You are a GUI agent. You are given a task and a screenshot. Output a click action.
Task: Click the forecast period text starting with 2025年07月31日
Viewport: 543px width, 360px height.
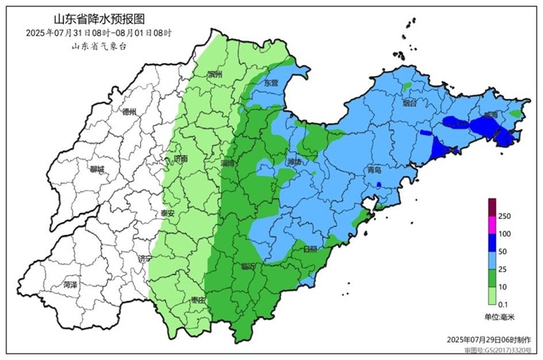99,33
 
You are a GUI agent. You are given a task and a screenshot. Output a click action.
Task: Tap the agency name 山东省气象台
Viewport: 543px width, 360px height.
99,47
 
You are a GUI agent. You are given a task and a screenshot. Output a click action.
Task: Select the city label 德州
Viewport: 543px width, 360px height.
129,112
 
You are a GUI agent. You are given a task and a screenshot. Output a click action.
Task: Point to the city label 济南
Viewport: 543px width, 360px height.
181,159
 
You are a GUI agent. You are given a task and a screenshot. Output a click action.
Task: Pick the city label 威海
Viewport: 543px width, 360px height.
489,114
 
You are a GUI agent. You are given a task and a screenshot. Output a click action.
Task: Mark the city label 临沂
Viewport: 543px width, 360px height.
248,267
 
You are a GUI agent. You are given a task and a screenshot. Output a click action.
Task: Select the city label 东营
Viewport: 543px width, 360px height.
272,82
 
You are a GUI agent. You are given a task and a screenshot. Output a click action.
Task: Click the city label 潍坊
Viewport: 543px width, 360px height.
294,162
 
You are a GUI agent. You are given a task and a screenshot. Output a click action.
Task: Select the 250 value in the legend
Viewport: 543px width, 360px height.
504,217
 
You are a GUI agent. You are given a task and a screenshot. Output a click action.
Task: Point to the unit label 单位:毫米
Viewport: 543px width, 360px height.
499,317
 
